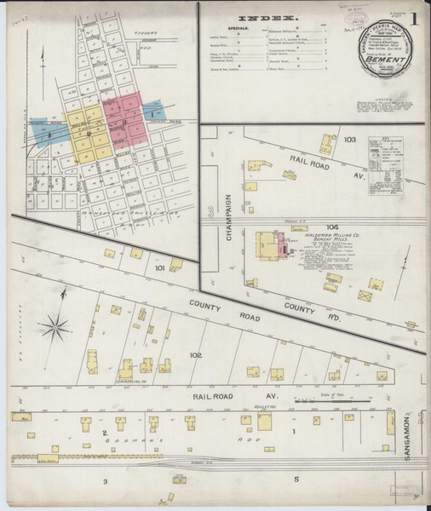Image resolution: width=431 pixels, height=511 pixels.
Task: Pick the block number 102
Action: tap(196, 354)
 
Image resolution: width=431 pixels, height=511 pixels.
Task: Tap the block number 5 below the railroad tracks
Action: tap(297, 479)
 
